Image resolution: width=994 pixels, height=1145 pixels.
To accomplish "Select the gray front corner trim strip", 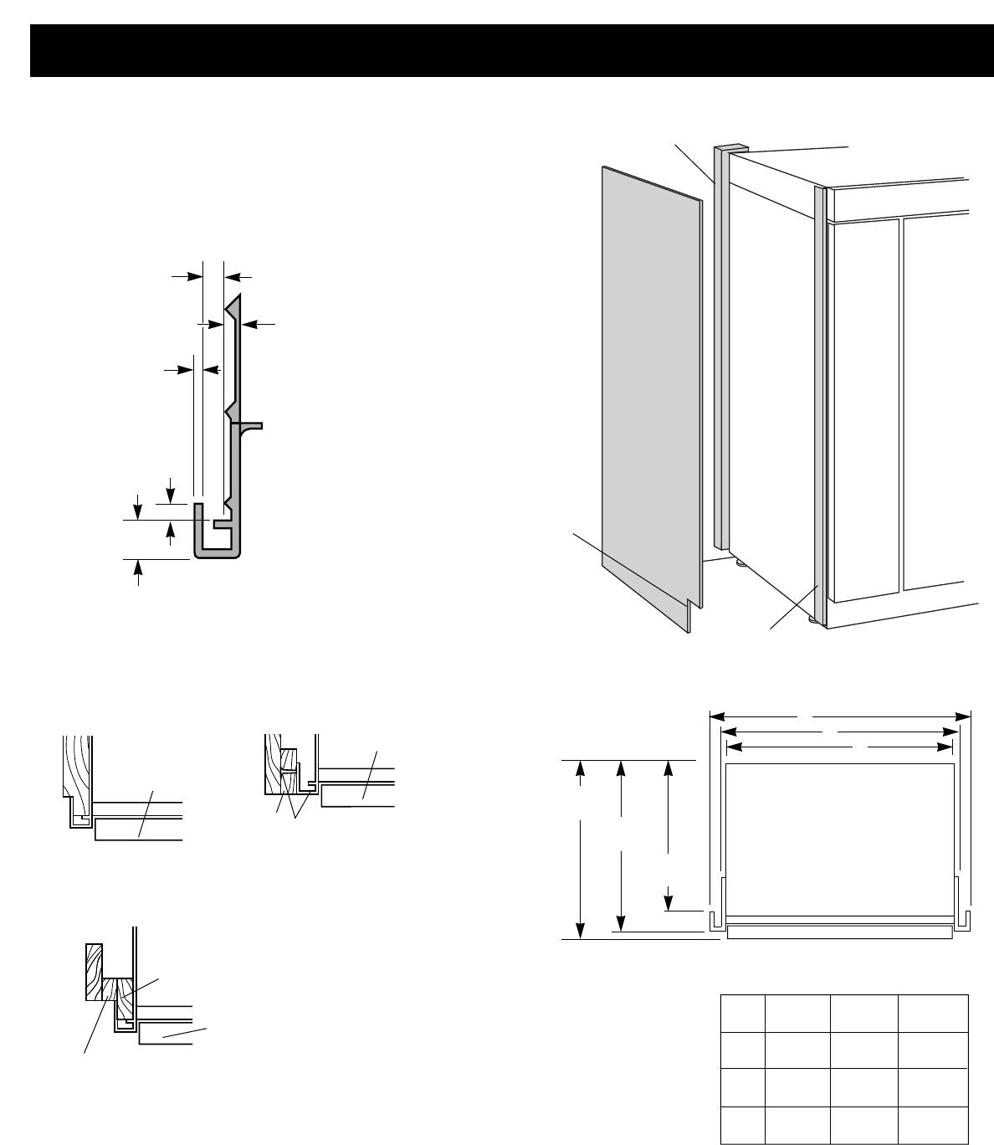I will click(x=820, y=402).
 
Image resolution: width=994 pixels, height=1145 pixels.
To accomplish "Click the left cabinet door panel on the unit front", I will click(x=863, y=410).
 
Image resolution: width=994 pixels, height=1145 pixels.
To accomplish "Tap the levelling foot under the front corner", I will click(x=812, y=620).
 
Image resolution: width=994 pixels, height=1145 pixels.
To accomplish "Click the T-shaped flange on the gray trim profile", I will click(x=251, y=426).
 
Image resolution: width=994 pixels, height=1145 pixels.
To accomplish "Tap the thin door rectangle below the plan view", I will click(x=839, y=932).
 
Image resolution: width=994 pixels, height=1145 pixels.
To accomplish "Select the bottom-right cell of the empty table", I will click(x=933, y=1124).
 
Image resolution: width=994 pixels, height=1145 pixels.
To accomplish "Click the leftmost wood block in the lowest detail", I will click(x=94, y=971).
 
